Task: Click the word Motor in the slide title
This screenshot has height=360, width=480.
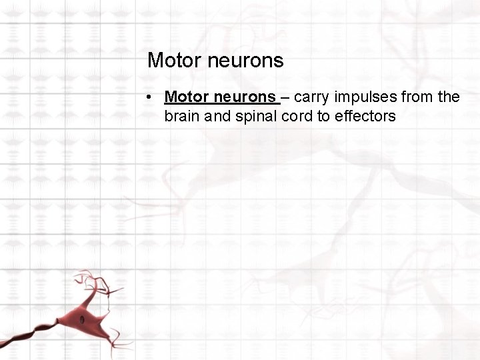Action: [x=175, y=61]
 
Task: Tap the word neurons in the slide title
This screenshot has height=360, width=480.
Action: [x=245, y=61]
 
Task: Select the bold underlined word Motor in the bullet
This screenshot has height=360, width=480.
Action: [x=187, y=97]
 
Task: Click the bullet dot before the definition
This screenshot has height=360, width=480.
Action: [x=153, y=97]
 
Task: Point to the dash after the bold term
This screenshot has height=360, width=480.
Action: [x=285, y=98]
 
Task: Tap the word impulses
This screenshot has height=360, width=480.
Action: [x=365, y=98]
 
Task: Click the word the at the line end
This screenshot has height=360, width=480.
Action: [x=449, y=97]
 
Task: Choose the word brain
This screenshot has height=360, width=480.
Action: [x=183, y=116]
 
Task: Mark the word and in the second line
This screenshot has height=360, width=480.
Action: [x=218, y=116]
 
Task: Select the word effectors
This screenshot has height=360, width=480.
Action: [x=367, y=116]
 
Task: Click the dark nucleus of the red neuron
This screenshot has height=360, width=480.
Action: [x=83, y=319]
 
